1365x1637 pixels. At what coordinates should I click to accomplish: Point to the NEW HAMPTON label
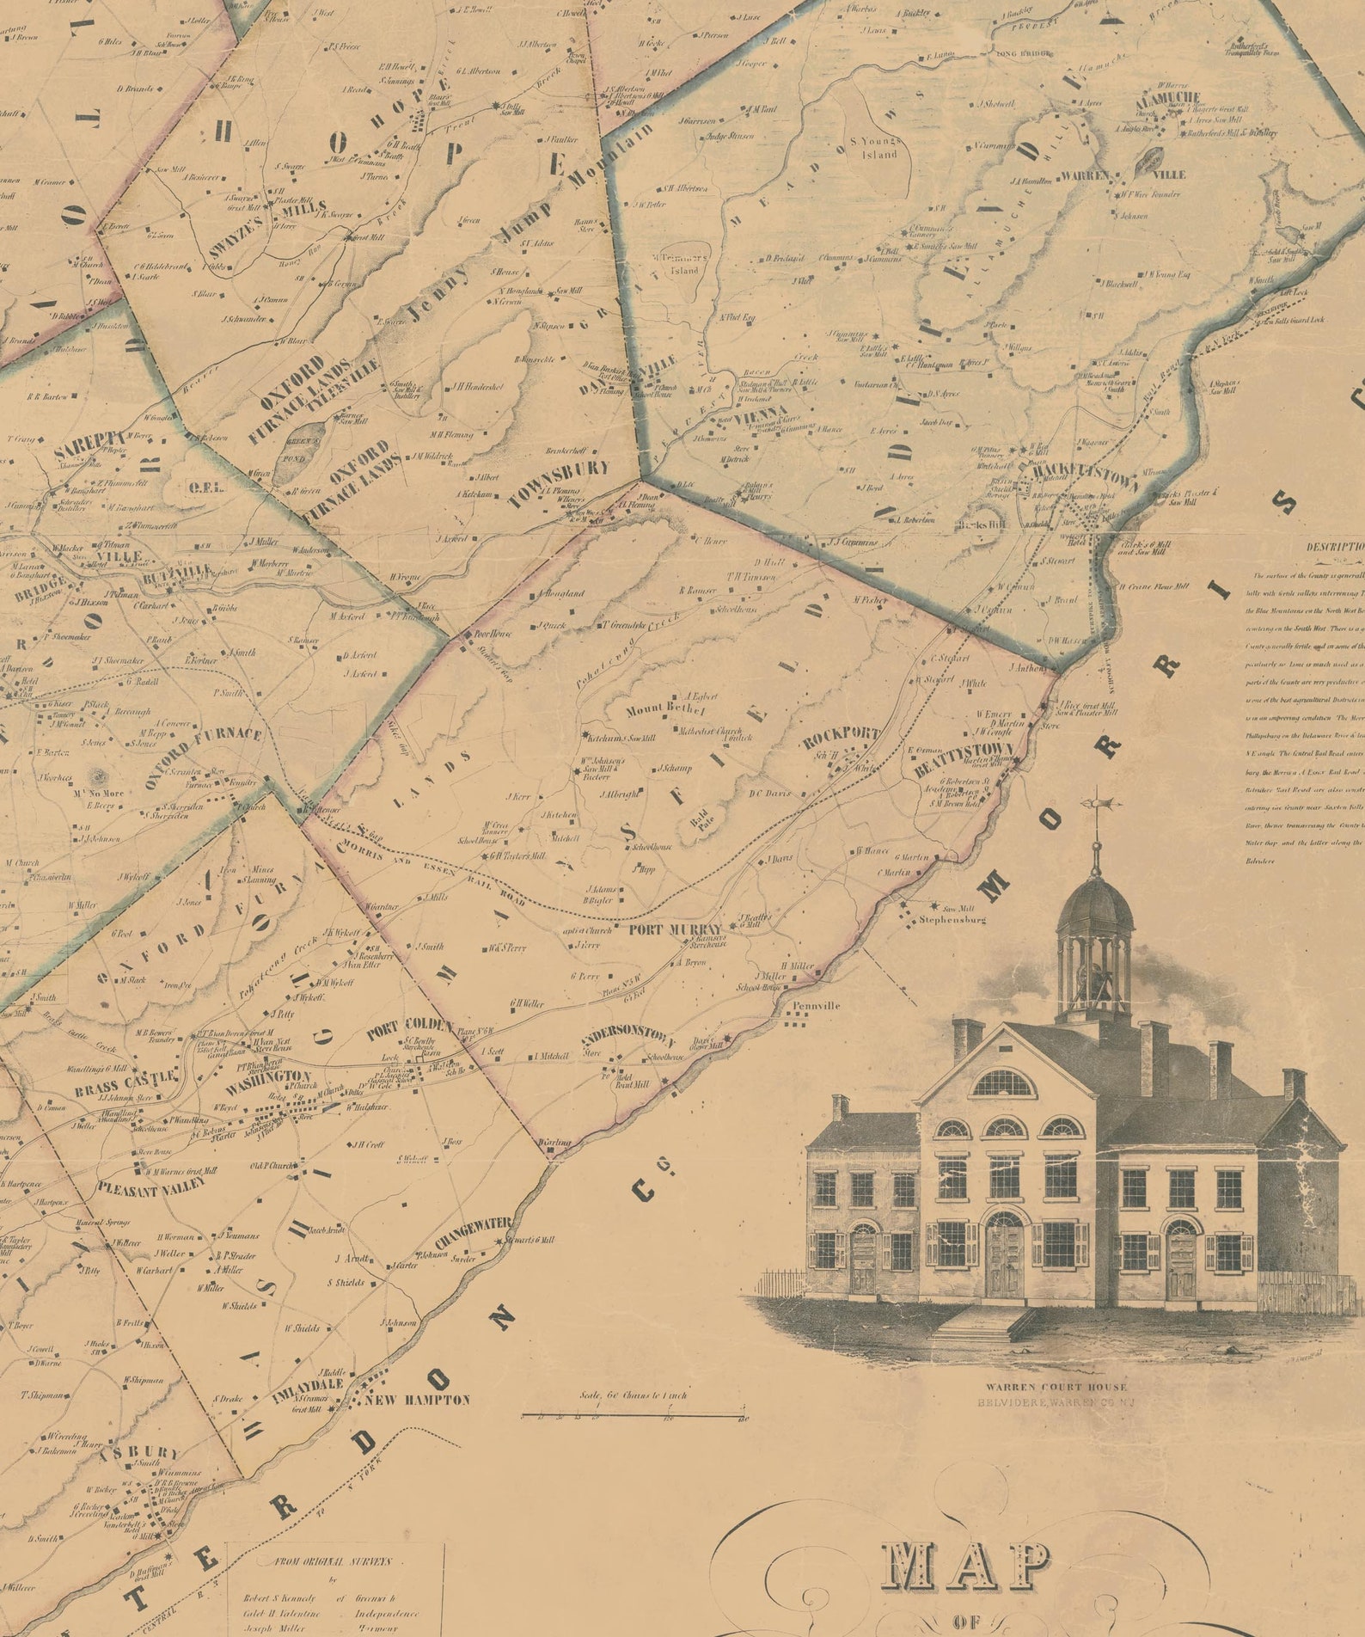point(418,1400)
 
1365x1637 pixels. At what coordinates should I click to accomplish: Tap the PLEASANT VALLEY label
point(151,1186)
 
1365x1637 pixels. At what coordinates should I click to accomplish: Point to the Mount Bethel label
point(664,709)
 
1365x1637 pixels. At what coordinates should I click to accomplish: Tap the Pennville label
point(816,1005)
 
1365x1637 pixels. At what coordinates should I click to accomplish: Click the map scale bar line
point(634,1414)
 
